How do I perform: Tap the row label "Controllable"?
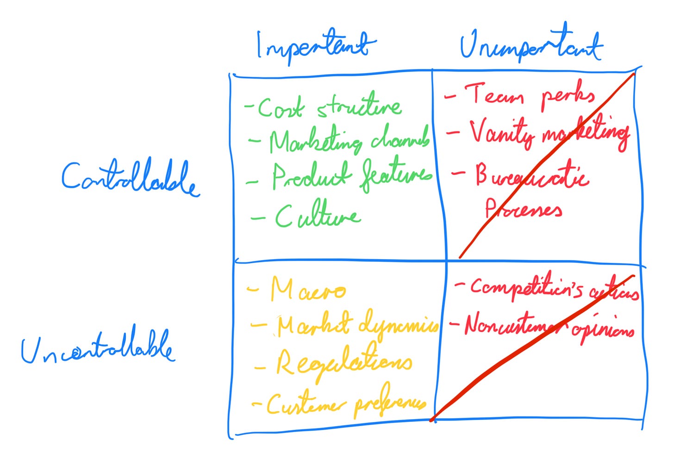click(x=130, y=178)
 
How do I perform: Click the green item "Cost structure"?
click(x=329, y=107)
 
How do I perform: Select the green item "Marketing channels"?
click(x=349, y=140)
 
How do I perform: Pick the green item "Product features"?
click(x=351, y=176)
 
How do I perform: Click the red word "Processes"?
click(x=524, y=210)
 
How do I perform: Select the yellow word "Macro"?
click(x=308, y=290)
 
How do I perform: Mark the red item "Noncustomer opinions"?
click(x=549, y=326)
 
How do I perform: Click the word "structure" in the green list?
click(x=359, y=106)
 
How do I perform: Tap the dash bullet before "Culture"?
click(x=258, y=217)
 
